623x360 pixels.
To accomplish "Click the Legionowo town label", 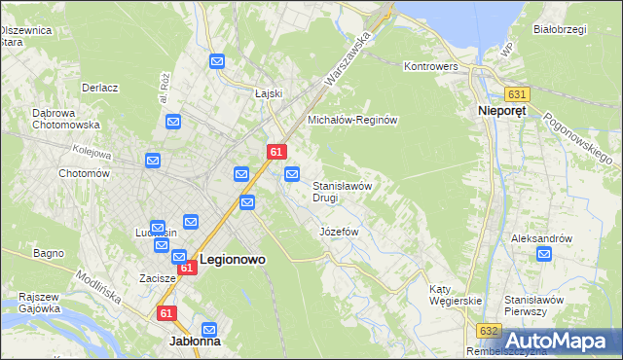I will [234, 260].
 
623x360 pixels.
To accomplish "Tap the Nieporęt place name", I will [502, 112].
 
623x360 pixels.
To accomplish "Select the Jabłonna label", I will [195, 342].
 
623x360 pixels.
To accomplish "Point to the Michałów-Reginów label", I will [353, 120].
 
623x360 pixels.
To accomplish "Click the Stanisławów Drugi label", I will [342, 191].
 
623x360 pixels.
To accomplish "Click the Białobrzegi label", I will [560, 29].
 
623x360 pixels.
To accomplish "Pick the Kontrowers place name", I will [430, 66].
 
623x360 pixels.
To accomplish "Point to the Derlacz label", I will [100, 88].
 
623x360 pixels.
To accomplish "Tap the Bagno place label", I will [48, 253].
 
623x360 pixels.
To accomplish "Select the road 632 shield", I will [490, 331].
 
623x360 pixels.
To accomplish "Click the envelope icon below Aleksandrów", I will [544, 255].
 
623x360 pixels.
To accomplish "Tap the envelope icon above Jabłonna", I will [208, 330].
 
